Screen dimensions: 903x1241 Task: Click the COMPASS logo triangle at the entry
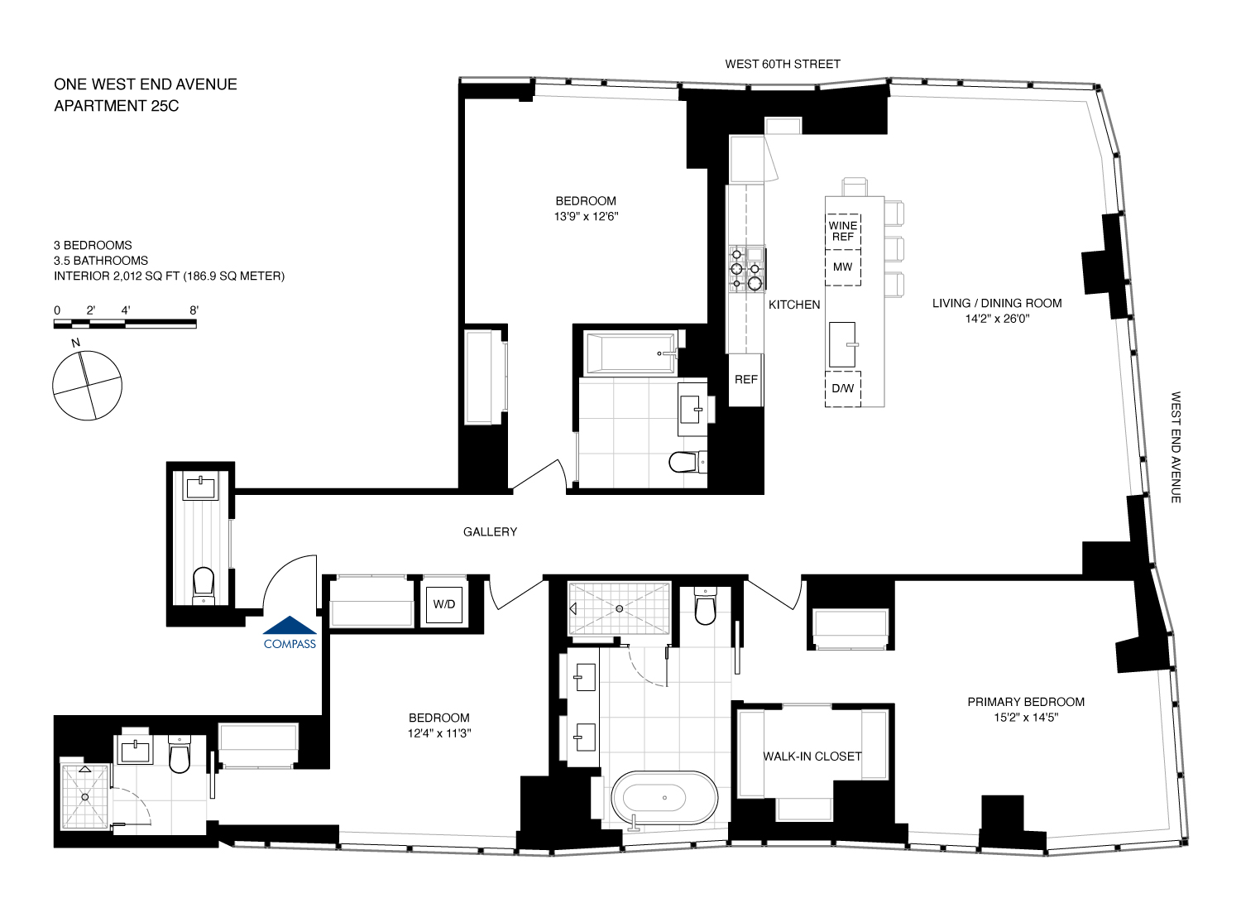click(x=290, y=626)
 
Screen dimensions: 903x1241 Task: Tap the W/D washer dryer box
click(x=444, y=604)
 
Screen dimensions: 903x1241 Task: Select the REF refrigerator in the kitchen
click(x=745, y=380)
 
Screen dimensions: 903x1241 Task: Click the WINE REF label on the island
click(x=843, y=231)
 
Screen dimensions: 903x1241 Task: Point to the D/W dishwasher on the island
click(x=843, y=389)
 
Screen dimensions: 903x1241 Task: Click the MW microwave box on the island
click(x=843, y=267)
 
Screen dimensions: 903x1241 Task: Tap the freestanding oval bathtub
click(x=664, y=798)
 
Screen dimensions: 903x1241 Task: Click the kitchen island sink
click(x=842, y=344)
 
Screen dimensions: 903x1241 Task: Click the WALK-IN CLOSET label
click(x=812, y=757)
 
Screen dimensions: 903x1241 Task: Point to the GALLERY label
click(x=490, y=532)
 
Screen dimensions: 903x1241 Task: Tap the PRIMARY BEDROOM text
click(x=1026, y=702)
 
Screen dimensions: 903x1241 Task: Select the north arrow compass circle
click(x=87, y=385)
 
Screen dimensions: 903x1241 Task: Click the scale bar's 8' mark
click(x=194, y=310)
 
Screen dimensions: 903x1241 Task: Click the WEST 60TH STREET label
click(x=783, y=64)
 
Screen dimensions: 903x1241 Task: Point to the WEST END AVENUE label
click(x=1176, y=447)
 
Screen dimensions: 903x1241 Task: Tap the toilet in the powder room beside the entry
click(x=204, y=584)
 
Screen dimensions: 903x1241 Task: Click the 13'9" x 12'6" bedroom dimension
click(x=586, y=217)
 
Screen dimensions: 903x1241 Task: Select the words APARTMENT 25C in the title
click(x=117, y=106)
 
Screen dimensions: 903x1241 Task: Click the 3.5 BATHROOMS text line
click(x=101, y=261)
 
